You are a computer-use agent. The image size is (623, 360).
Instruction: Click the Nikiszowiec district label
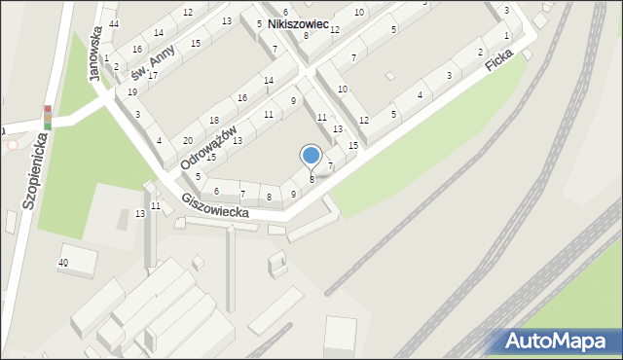tap(299, 21)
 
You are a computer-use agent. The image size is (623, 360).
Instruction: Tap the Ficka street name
tap(502, 65)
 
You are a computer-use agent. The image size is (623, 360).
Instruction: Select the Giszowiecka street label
tap(221, 212)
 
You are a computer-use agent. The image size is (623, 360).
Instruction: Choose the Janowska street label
tap(97, 55)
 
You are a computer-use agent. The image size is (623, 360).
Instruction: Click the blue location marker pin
tap(311, 156)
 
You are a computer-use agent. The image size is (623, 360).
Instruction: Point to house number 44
tap(114, 23)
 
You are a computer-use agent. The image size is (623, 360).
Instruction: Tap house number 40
tap(63, 263)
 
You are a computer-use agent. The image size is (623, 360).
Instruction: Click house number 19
tap(132, 91)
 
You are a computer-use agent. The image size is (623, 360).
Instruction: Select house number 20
tap(187, 140)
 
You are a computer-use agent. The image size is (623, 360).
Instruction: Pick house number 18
tap(214, 120)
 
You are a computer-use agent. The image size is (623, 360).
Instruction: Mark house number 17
tap(152, 75)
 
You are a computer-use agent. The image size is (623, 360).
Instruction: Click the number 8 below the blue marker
tap(311, 180)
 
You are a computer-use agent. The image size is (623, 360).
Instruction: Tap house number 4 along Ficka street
tap(420, 94)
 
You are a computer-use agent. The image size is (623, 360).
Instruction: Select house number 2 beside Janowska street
tap(116, 67)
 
